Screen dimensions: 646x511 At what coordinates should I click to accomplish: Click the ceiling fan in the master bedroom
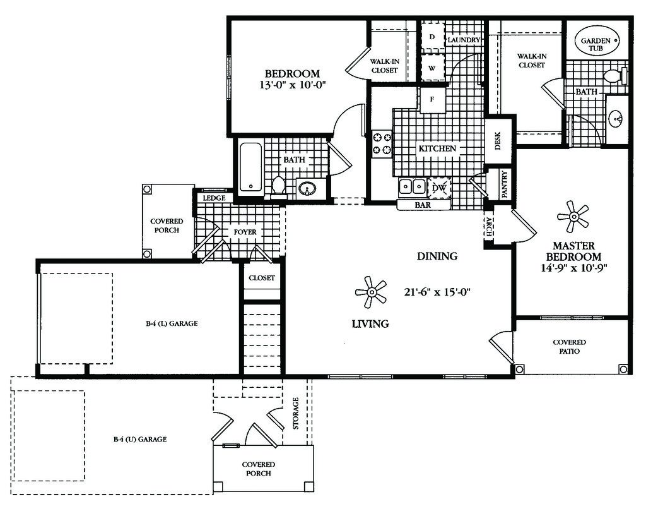(573, 217)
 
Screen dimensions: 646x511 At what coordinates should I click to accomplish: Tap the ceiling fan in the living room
(371, 292)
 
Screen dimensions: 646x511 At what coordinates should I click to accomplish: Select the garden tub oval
(597, 40)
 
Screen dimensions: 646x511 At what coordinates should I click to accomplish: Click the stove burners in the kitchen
(382, 143)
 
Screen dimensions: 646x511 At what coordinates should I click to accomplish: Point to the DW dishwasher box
(439, 188)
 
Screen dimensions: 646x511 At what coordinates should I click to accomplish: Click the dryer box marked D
(432, 37)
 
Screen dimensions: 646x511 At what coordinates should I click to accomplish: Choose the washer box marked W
(432, 68)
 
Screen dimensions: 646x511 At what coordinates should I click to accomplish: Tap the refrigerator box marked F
(432, 99)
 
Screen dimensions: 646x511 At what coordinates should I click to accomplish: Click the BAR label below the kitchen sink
(423, 205)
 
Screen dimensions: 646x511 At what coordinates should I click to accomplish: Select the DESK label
(498, 141)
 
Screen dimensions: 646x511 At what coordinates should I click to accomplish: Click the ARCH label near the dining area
(489, 226)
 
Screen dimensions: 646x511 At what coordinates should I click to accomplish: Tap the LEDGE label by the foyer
(214, 198)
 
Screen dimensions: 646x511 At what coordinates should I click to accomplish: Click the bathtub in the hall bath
(250, 167)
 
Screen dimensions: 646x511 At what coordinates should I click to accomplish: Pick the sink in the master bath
(617, 118)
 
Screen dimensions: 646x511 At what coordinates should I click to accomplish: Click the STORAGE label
(295, 413)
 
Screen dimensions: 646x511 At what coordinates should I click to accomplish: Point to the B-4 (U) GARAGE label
(140, 439)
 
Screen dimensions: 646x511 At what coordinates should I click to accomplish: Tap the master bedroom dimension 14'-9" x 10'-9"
(574, 267)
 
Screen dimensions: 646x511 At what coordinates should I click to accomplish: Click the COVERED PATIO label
(570, 346)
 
